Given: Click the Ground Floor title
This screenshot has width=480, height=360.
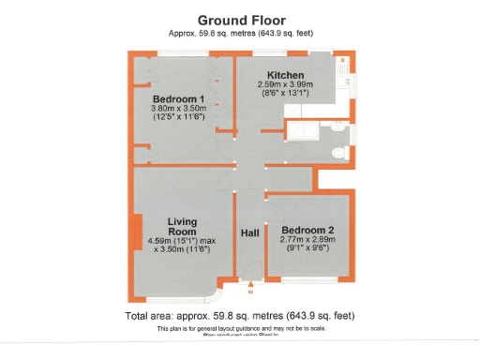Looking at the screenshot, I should (x=240, y=19).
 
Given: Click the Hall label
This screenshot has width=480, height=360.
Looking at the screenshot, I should (x=249, y=232).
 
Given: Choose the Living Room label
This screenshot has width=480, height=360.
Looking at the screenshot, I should (x=182, y=226).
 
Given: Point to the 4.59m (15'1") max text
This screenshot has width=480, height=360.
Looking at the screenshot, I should (x=182, y=241).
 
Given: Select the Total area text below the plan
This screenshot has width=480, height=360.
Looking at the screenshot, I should (x=240, y=316).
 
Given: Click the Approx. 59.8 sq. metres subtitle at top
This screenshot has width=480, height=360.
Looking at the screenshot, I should (x=240, y=33).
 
